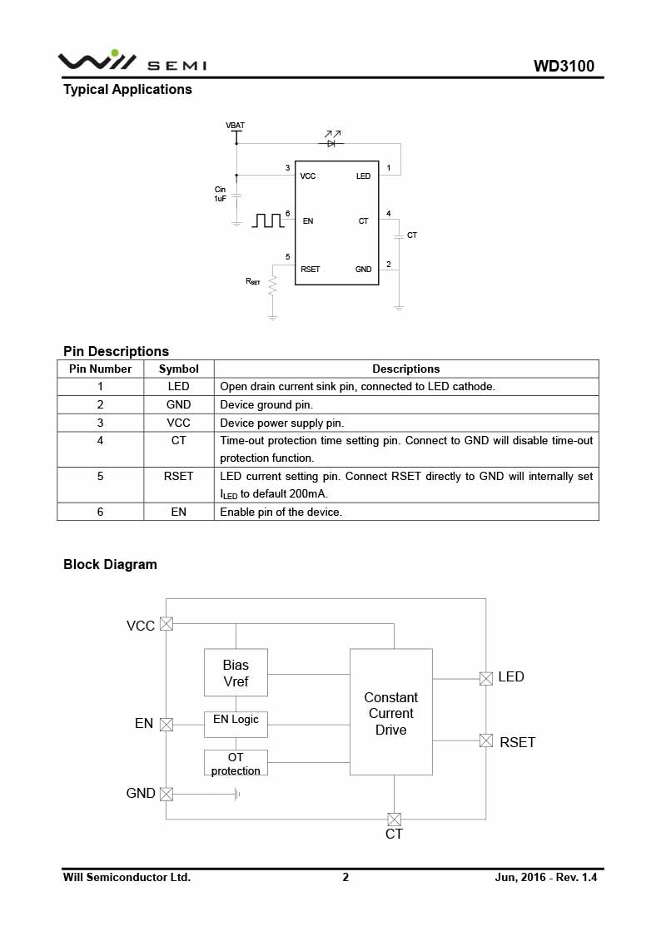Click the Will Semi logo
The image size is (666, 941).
coord(132,62)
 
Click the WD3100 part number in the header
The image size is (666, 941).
coord(564,66)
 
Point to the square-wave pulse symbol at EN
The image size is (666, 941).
coord(268,220)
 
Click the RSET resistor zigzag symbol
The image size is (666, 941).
coord(273,285)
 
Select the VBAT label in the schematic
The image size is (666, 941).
coord(236,126)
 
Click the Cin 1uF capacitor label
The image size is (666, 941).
coord(221,194)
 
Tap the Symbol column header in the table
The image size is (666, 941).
coord(178,369)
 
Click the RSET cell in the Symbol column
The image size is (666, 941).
coord(178,476)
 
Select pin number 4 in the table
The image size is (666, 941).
coord(100,440)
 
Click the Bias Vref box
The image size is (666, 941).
coord(236,673)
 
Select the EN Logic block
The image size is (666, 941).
coord(236,725)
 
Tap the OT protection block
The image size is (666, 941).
coord(236,763)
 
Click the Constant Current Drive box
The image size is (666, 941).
coord(391,711)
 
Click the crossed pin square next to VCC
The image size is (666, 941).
coord(166,623)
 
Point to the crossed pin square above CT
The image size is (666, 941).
coord(394,820)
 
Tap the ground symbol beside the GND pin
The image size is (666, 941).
coord(238,794)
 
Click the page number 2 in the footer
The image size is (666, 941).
coord(345,877)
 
